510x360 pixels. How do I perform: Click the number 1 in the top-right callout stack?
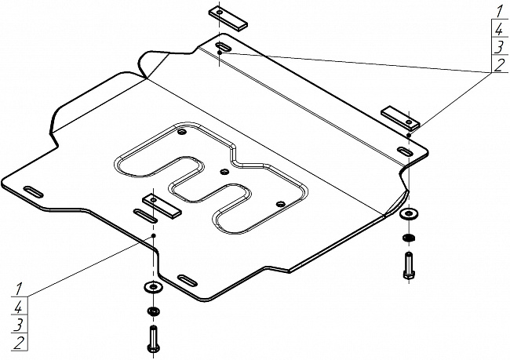pos(498,12)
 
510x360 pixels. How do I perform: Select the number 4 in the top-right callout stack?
pos(499,30)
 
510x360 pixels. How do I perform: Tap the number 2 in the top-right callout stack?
pos(499,65)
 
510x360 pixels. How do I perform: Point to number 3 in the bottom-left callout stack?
pos(19,325)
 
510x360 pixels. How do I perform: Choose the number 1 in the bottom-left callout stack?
pos(19,289)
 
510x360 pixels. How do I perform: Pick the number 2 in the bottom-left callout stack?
pos(19,343)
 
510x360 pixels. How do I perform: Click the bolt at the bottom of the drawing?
pos(153,339)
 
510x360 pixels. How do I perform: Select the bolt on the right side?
pos(409,266)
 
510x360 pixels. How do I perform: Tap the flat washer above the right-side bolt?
pos(409,213)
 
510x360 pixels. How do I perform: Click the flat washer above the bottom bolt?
pos(153,287)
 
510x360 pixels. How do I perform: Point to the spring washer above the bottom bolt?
pos(153,311)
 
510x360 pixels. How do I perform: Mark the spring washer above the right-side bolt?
pos(409,238)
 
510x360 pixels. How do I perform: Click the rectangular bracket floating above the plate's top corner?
pos(228,19)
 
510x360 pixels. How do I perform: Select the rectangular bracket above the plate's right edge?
pos(400,118)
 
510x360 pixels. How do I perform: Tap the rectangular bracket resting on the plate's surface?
pos(162,206)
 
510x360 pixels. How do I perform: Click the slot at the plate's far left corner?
pos(34,192)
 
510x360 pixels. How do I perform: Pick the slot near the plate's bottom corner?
pos(188,281)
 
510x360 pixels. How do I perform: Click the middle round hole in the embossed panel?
pos(224,172)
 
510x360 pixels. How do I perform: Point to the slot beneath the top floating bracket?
pos(224,45)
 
